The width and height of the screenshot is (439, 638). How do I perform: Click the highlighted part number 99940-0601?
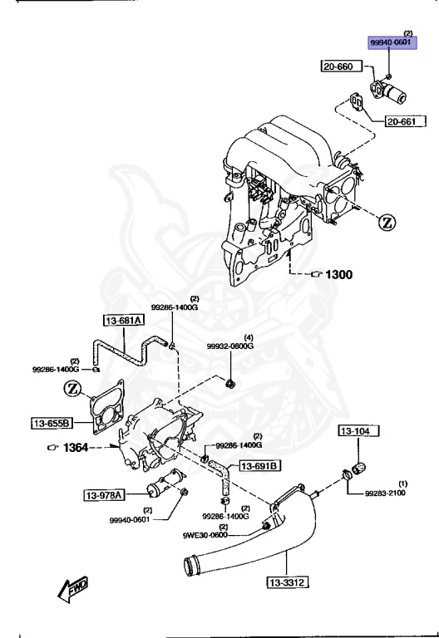point(392,42)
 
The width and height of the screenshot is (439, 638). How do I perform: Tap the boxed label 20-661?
point(405,123)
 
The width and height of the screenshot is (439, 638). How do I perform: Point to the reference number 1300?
point(338,274)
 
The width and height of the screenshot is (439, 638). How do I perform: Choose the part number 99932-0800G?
point(229,346)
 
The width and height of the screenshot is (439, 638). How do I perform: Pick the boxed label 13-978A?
point(104,496)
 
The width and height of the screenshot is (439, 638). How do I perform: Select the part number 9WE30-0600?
point(205,535)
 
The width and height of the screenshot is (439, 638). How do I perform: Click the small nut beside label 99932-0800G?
point(230,382)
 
